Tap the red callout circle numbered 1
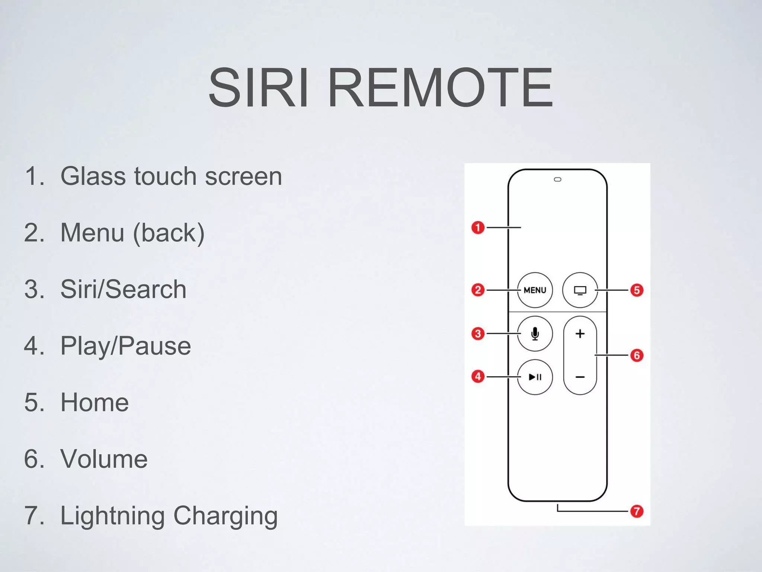(x=478, y=227)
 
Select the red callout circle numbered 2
(x=478, y=290)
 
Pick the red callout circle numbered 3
(x=478, y=333)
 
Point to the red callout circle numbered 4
(x=478, y=376)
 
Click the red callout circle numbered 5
(x=637, y=290)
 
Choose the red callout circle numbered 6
(x=637, y=355)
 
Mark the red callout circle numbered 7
(x=637, y=511)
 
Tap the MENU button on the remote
(x=535, y=290)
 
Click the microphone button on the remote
(x=535, y=333)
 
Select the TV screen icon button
(x=580, y=290)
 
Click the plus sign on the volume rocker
(x=580, y=333)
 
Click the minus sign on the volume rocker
(x=580, y=377)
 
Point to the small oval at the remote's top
(x=557, y=179)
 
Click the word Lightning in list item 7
(x=112, y=516)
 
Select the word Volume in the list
(x=104, y=459)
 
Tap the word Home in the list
(x=95, y=402)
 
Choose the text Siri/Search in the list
(x=123, y=289)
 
